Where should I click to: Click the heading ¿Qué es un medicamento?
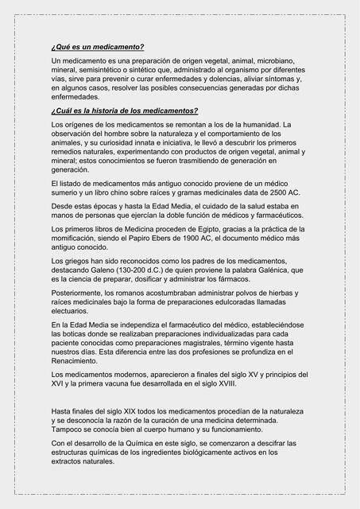point(97,48)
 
